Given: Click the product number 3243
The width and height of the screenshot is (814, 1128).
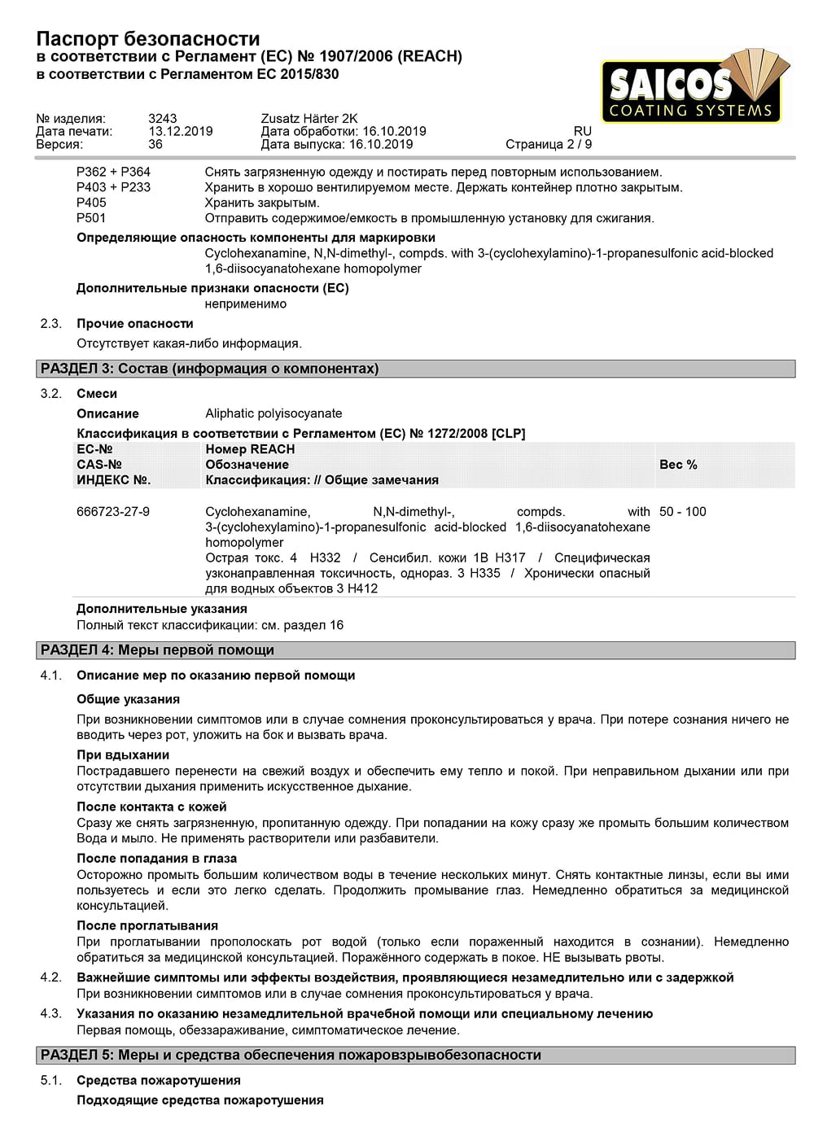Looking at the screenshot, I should point(162,119).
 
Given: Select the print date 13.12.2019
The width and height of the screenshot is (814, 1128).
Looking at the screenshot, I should point(180,132).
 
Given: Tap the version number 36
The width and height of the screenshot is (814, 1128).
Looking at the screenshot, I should point(155,145).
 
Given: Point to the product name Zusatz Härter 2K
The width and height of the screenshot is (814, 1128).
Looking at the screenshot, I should point(309,119).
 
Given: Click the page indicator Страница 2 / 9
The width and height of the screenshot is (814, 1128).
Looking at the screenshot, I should point(549,145).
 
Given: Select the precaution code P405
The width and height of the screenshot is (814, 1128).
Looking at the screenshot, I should point(91,203).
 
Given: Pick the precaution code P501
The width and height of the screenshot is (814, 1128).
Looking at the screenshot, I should point(91,218).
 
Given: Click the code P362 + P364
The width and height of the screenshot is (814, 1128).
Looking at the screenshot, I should point(113,173).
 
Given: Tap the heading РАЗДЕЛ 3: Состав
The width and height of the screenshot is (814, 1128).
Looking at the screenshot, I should point(209,369).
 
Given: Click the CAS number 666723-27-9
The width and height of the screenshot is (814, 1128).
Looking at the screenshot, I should point(113,512).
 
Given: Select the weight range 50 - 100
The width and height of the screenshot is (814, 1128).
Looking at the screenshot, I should point(682,512).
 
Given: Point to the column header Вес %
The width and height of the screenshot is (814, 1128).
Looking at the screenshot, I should point(678,465).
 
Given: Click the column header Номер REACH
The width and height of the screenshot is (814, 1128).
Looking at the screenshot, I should point(250,449).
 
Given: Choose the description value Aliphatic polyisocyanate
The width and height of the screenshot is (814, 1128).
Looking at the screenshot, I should point(274,413).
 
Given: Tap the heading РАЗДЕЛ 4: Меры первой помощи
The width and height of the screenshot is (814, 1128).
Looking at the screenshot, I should point(157,650).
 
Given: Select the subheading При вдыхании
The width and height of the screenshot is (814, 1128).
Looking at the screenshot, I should point(123,755).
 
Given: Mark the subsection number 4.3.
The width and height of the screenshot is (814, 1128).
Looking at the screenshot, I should point(50,1014).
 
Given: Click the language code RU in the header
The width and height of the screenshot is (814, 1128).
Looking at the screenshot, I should point(582,132).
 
